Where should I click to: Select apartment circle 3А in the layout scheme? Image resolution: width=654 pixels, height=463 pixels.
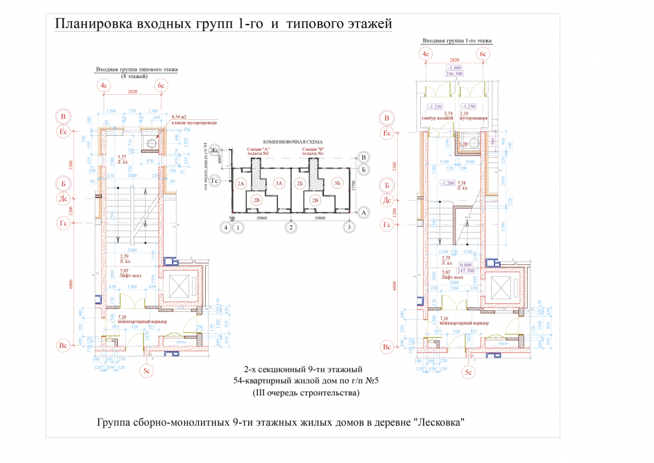tap(279, 183)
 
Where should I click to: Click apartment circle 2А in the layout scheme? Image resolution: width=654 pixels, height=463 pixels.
tap(241, 183)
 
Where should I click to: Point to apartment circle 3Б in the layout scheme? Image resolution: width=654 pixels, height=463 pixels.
tap(338, 183)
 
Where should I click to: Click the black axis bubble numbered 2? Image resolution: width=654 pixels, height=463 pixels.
tap(290, 228)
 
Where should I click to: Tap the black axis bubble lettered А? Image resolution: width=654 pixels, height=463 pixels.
tap(363, 213)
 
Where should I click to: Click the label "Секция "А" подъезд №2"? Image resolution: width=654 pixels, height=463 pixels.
tap(259, 152)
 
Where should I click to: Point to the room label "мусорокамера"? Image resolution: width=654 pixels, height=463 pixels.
tap(473, 119)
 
